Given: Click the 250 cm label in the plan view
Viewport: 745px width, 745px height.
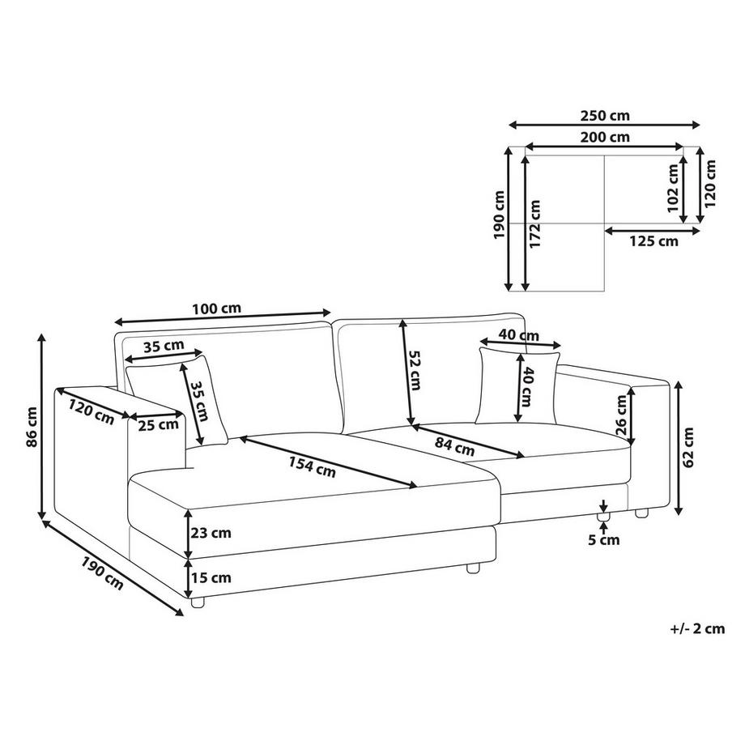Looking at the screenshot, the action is coord(604,116).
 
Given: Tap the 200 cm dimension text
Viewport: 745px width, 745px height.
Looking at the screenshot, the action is coord(604,138).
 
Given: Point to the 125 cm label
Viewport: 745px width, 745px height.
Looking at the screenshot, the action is coord(653,241).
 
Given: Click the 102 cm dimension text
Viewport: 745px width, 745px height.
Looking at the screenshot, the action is coord(673,188).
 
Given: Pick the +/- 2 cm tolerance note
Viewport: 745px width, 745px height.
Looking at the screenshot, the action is coord(697,628).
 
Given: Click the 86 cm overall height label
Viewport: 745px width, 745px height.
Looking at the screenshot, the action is coord(32,427).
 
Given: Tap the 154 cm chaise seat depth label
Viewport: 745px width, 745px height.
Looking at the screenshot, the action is coord(312,467).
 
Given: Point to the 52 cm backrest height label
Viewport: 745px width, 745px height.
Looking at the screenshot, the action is coord(415,371).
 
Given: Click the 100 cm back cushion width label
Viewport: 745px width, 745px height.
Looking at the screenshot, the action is coord(217,309).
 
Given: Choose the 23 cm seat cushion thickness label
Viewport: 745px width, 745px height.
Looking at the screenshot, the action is coord(211,533).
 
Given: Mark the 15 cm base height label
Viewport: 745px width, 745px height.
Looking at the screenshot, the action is coord(211,577).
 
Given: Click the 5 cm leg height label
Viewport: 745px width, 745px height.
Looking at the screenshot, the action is coord(604,540).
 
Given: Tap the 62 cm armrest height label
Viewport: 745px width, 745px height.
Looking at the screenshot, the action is coord(688,447).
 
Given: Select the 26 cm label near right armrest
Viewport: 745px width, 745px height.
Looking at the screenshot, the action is coord(621,415).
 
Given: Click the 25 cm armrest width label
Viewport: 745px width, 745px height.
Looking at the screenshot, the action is coord(158,424).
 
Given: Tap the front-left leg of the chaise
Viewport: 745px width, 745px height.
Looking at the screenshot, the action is coord(197,602).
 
